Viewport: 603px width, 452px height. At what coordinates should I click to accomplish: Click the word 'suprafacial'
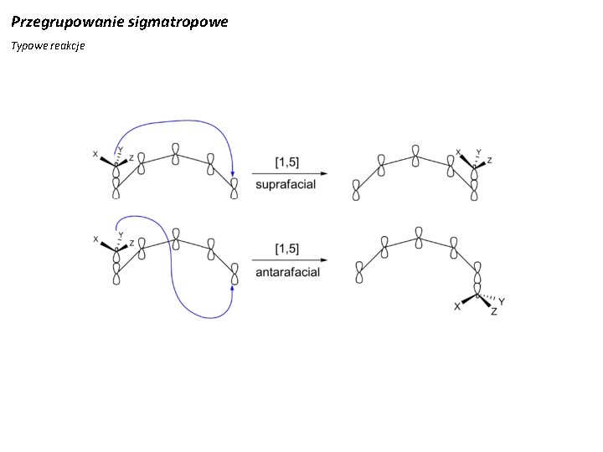286,184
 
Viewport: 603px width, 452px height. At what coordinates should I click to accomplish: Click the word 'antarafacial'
287,273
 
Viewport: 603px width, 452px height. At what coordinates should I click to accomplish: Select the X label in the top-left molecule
95,154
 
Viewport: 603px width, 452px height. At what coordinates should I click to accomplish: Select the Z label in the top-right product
489,160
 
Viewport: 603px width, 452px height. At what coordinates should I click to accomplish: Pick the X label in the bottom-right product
456,307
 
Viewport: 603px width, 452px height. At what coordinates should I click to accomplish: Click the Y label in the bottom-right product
501,301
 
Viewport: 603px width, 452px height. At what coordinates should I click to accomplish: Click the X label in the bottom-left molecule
95,239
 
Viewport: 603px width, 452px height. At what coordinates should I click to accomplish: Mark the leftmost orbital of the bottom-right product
358,273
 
